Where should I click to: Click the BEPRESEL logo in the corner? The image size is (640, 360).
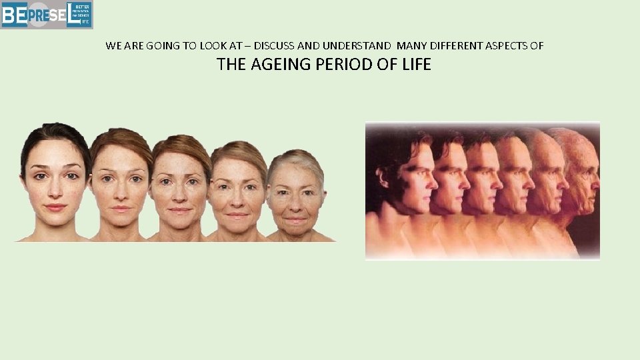coord(47,15)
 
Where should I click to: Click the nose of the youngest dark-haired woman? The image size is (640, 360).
coord(56,189)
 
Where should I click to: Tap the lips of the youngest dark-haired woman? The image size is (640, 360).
coord(56,207)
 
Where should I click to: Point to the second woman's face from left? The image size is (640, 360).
coord(121,183)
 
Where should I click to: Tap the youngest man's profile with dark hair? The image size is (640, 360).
coord(407,177)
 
